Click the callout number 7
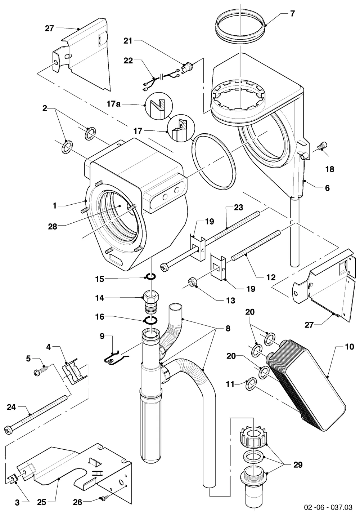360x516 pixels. click(292, 14)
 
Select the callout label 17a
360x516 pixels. click(114, 104)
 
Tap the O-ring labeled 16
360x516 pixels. click(151, 320)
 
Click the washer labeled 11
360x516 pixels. click(251, 384)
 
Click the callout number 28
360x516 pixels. click(53, 227)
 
